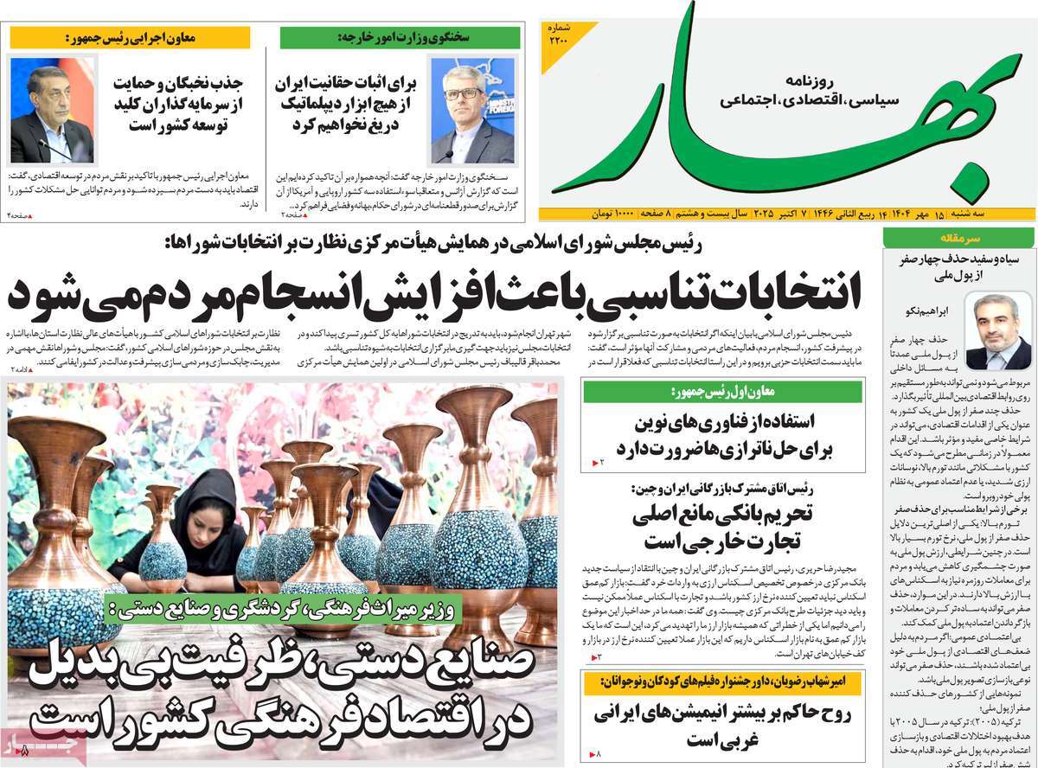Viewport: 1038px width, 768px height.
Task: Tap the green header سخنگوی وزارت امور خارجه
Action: [x=400, y=38]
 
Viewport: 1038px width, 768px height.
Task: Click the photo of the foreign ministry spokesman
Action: [x=471, y=110]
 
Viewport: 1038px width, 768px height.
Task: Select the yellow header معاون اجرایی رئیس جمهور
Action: [x=130, y=38]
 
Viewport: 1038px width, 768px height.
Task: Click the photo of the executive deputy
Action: [x=51, y=110]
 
